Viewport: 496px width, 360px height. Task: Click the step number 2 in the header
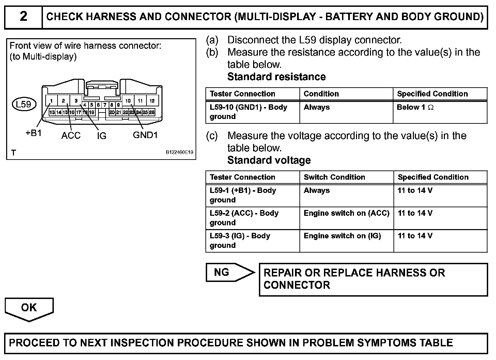23,16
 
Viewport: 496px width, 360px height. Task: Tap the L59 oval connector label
24,104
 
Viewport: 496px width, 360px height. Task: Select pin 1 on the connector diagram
51,101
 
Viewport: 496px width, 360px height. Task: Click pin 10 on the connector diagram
128,101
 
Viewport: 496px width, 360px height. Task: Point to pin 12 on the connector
152,101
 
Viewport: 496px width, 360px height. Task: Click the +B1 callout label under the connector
33,133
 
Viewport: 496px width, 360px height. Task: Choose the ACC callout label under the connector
71,136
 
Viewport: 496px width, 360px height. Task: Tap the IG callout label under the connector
102,136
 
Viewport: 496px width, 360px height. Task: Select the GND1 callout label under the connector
145,135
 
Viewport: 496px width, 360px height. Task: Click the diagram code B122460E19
180,152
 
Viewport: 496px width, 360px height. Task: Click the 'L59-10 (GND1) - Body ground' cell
248,112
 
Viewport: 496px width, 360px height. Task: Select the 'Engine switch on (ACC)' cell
346,213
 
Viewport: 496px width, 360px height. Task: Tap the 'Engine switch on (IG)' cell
342,236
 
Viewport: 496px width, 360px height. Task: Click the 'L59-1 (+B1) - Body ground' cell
243,195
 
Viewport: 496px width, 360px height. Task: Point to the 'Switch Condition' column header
334,177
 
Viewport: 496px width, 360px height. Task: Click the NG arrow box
229,272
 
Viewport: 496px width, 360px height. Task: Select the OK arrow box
29,308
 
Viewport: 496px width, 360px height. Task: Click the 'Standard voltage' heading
269,160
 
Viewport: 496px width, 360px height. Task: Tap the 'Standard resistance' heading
276,77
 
